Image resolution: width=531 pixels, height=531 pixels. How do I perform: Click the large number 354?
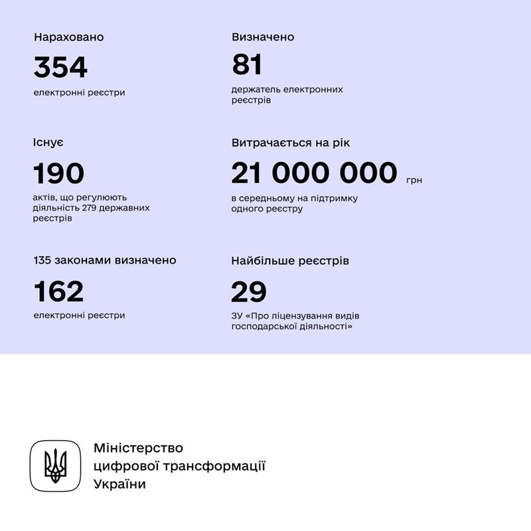[60, 67]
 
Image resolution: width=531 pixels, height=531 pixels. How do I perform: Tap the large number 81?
[248, 65]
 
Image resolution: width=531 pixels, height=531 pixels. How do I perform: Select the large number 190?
[59, 173]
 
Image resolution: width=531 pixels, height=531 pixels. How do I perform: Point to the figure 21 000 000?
[314, 173]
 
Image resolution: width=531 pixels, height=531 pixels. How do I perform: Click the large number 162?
[59, 291]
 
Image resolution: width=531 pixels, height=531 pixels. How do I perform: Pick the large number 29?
[249, 291]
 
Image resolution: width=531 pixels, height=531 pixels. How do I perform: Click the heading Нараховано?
[69, 37]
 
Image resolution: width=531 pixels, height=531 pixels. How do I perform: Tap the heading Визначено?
[263, 37]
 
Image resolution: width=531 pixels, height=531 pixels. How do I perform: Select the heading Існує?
[48, 143]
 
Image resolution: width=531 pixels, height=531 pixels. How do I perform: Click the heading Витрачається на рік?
[290, 143]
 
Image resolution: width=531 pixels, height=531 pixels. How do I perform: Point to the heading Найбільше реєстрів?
[290, 261]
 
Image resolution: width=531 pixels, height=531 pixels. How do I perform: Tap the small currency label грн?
[414, 180]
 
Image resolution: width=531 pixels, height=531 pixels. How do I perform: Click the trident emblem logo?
[55, 466]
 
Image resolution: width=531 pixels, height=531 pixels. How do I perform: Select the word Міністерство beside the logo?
[138, 448]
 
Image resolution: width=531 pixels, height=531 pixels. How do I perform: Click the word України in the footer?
[119, 484]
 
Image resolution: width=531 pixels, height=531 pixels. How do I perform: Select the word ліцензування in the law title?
[301, 316]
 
